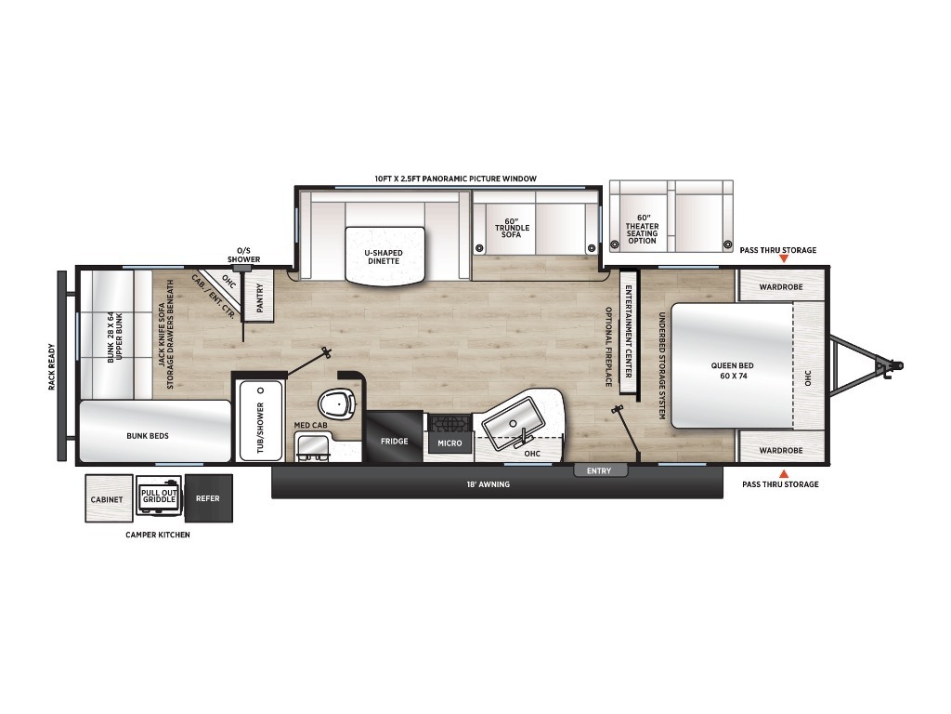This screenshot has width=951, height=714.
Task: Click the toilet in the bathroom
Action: [x=336, y=404]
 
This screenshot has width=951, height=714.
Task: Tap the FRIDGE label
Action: [x=394, y=442]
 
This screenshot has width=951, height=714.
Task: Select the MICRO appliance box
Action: [x=449, y=443]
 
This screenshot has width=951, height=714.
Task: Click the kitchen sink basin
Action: [x=513, y=423]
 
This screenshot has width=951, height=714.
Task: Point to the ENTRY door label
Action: [x=599, y=471]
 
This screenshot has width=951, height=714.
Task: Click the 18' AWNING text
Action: [x=488, y=484]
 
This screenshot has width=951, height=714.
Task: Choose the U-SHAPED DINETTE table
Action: [x=384, y=254]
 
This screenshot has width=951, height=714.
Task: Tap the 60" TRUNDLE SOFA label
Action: [x=512, y=228]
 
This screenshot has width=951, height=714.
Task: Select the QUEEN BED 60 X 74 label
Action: [x=732, y=370]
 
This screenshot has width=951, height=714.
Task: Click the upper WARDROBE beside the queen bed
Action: [x=780, y=286]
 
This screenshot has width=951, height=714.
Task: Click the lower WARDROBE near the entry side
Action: [x=780, y=451]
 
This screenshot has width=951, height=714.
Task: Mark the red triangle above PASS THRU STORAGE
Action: [x=784, y=474]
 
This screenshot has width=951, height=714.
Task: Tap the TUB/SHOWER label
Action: [x=261, y=428]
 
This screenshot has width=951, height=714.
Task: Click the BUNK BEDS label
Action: [x=148, y=436]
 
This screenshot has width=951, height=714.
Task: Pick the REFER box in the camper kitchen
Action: [x=208, y=498]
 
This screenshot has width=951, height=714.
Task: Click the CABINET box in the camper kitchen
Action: [x=109, y=498]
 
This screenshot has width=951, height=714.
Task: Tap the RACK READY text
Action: [x=52, y=366]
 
